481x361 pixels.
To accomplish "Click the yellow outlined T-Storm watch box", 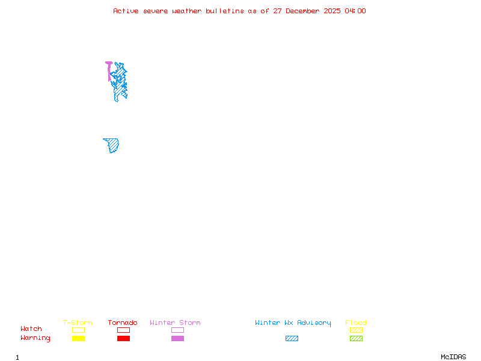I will click(78, 330).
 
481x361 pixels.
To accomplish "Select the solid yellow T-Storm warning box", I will click(78, 339).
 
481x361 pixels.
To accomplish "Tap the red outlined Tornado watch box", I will click(123, 330).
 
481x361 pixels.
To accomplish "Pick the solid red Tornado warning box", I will click(123, 339).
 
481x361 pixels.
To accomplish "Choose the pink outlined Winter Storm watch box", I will click(177, 330).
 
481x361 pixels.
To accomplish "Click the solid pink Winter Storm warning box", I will click(177, 339).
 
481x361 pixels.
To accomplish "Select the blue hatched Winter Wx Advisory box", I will click(292, 339).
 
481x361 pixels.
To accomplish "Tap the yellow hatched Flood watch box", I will click(356, 330).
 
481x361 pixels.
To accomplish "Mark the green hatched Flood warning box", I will click(356, 339).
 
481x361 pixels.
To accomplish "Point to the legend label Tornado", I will click(123, 323).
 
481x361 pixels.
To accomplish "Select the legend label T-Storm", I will click(78, 323).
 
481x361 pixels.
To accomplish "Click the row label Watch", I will click(31, 329).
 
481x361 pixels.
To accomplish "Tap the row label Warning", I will click(35, 338).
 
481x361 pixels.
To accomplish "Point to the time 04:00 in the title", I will click(355, 11).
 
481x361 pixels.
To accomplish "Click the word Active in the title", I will click(127, 11).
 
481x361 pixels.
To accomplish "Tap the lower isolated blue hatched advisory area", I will click(112, 144).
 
